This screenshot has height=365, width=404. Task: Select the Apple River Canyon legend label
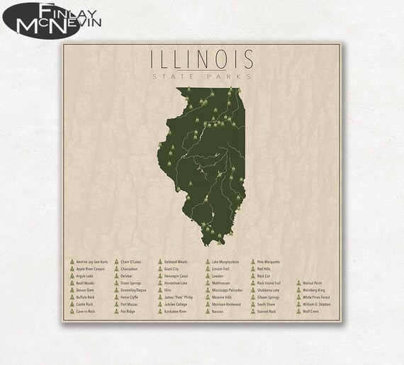pos(90,269)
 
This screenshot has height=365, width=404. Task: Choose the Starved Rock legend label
pos(267,311)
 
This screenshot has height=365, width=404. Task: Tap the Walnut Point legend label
pos(314,262)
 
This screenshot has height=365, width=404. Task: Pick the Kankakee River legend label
pos(175,311)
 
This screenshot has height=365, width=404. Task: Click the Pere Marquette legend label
pos(269,262)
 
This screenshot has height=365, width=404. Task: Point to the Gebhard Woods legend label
pos(176,262)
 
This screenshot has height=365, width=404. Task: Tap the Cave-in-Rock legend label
pos(86,311)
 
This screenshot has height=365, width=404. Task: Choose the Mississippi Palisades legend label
pos(230,290)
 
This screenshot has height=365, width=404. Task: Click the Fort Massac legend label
pos(129,304)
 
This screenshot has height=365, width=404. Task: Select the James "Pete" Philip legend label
pos(179,297)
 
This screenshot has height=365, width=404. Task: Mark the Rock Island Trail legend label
pos(270,283)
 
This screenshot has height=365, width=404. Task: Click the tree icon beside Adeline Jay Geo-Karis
pos(71,262)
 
